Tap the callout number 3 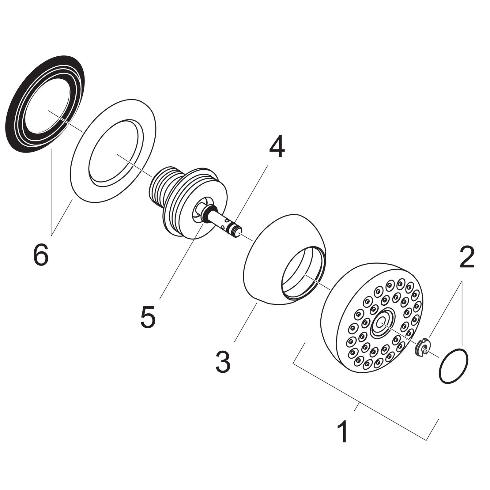click(x=223, y=362)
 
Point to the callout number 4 click(x=277, y=148)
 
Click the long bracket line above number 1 click(x=358, y=401)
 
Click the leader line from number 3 click(x=245, y=322)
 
